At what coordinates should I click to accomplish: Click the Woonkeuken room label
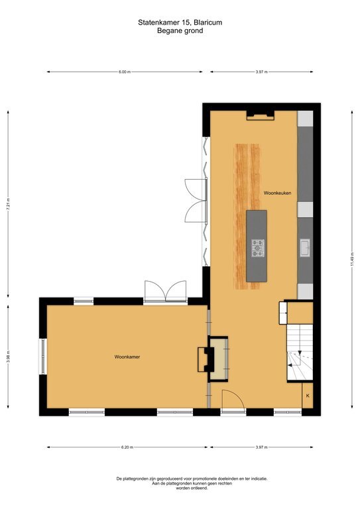point(277,193)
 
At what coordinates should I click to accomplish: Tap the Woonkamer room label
point(127,357)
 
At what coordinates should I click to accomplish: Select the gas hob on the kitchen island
point(258,249)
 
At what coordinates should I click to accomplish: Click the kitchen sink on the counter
point(305,248)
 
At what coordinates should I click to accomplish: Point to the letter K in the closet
point(308,396)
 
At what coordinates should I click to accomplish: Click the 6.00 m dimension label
point(125,72)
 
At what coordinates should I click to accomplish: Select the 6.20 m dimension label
point(127,447)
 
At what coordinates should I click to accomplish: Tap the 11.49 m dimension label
point(352,259)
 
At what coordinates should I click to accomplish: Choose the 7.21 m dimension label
point(8,204)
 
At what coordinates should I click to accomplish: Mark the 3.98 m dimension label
point(8,357)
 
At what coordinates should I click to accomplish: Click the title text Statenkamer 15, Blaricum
point(180,23)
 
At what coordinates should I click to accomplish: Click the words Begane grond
point(180,31)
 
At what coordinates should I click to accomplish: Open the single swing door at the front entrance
point(233,400)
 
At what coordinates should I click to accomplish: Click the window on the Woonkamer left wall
point(43,356)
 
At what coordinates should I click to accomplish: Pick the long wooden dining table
point(247,217)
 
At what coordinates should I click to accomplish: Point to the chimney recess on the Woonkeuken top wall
point(261,115)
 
